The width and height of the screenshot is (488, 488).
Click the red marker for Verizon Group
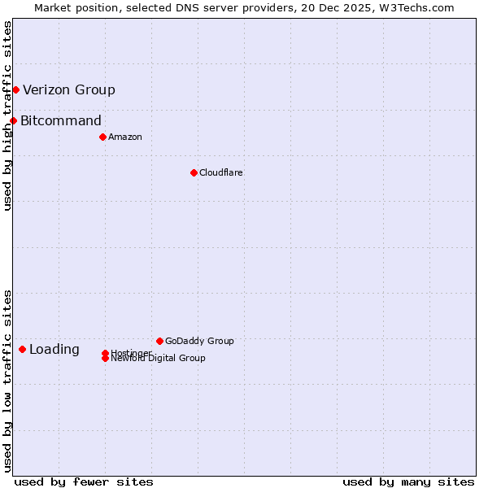(x=15, y=89)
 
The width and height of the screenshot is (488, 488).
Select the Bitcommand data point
(x=13, y=121)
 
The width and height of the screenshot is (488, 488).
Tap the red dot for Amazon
(x=102, y=137)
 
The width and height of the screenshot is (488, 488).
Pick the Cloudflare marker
(x=194, y=172)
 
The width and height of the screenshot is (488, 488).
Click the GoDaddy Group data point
(x=159, y=341)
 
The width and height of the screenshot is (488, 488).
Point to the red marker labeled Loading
(x=22, y=350)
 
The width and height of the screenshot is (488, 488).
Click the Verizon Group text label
(x=69, y=89)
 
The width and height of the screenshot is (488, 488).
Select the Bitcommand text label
(x=61, y=121)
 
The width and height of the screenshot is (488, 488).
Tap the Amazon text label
(x=125, y=137)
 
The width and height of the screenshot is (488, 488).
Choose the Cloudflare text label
(x=221, y=172)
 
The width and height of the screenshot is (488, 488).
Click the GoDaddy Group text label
(x=199, y=341)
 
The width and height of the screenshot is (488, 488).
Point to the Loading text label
(x=54, y=350)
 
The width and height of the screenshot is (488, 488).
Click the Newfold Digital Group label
(x=159, y=359)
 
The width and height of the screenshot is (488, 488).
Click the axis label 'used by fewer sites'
(x=84, y=481)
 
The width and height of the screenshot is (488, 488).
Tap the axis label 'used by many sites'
(x=408, y=481)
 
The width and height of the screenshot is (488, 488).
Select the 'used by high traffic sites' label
(x=7, y=115)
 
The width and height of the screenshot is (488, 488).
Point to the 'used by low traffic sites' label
(x=7, y=381)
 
